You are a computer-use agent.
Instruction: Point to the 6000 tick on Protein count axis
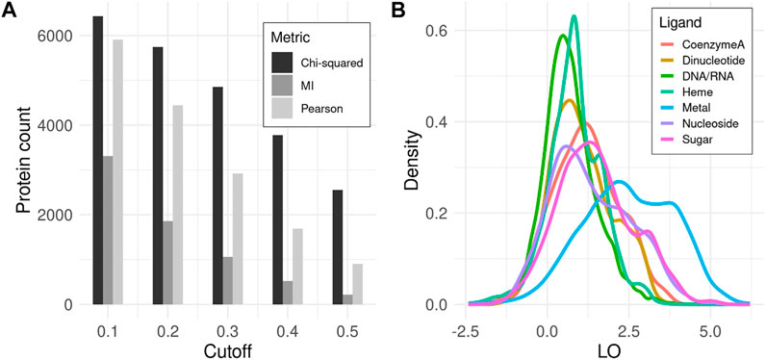pyautogui.click(x=56, y=36)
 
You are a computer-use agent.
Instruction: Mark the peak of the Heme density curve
pyautogui.click(x=574, y=16)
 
